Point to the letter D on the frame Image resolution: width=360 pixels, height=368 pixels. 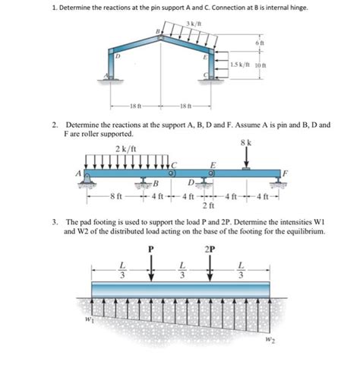[117, 57]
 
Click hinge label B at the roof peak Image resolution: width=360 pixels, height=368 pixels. [157, 33]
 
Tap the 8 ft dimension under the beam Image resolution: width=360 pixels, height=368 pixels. [115, 198]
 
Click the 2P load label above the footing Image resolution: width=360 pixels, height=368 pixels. [210, 249]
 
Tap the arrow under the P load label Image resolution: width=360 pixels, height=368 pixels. [151, 268]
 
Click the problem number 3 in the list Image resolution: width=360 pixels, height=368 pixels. [55, 222]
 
